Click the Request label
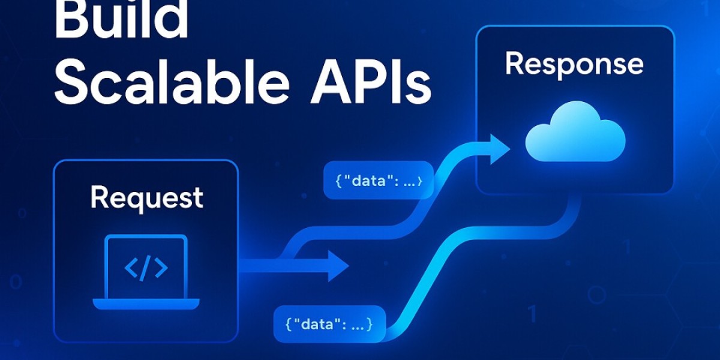(146, 198)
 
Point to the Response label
(574, 64)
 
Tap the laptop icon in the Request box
(146, 273)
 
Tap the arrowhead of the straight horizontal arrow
(337, 266)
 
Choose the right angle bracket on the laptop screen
(160, 268)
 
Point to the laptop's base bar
(146, 304)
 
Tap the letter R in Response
(515, 64)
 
